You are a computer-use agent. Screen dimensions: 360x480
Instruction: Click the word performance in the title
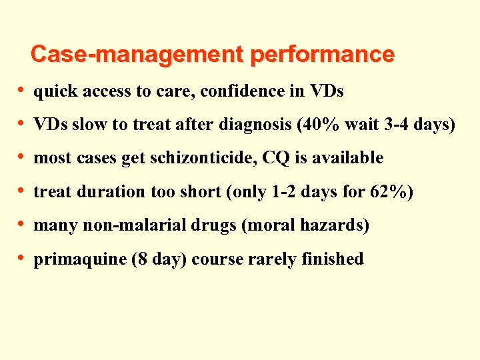pyautogui.click(x=322, y=55)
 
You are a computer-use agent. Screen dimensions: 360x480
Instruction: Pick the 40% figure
pyautogui.click(x=314, y=125)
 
